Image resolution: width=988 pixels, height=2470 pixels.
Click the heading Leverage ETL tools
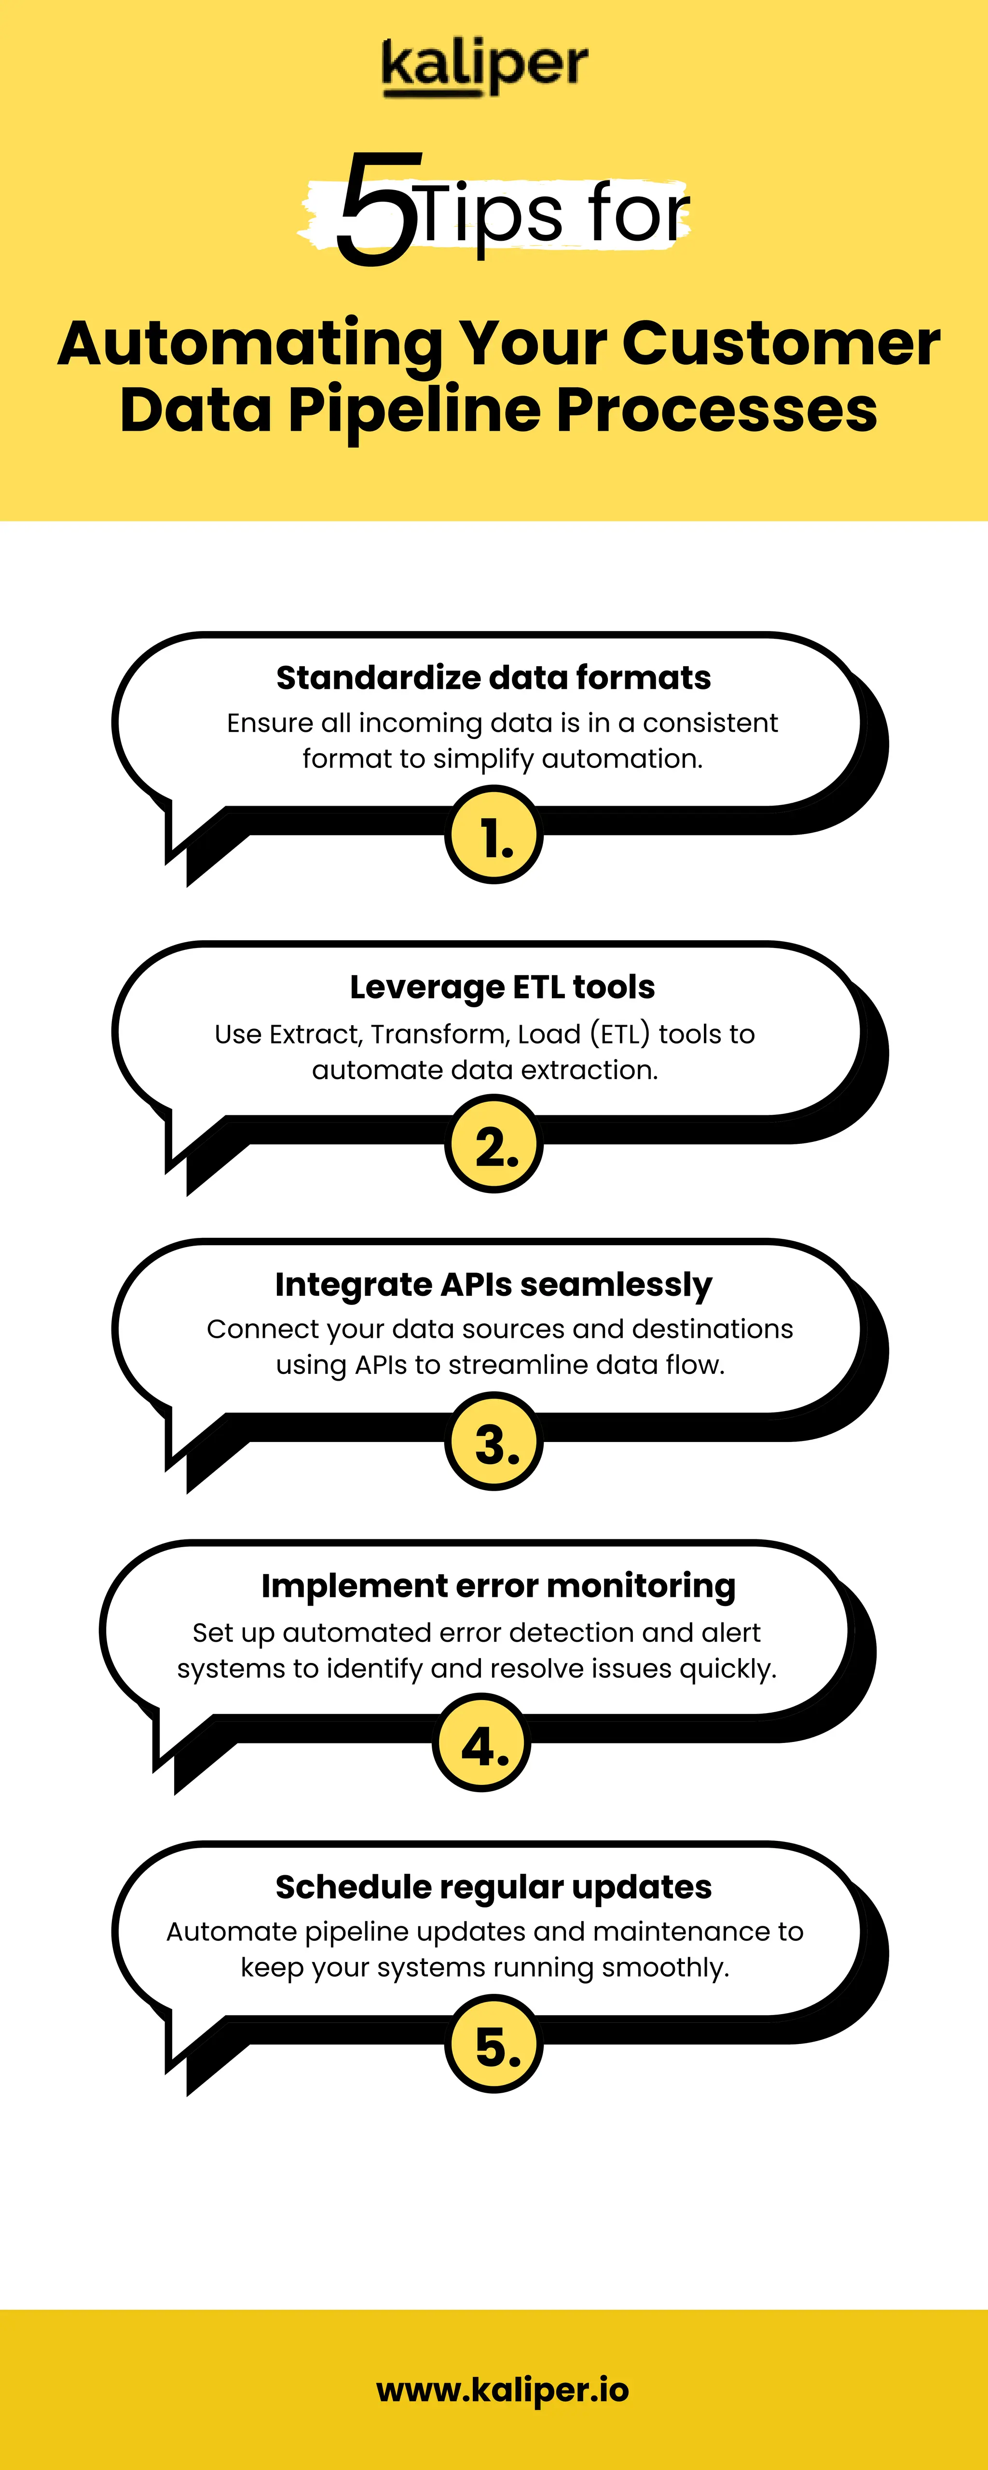pos(502,987)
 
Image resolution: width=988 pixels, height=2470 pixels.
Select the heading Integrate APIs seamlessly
pos(493,1284)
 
